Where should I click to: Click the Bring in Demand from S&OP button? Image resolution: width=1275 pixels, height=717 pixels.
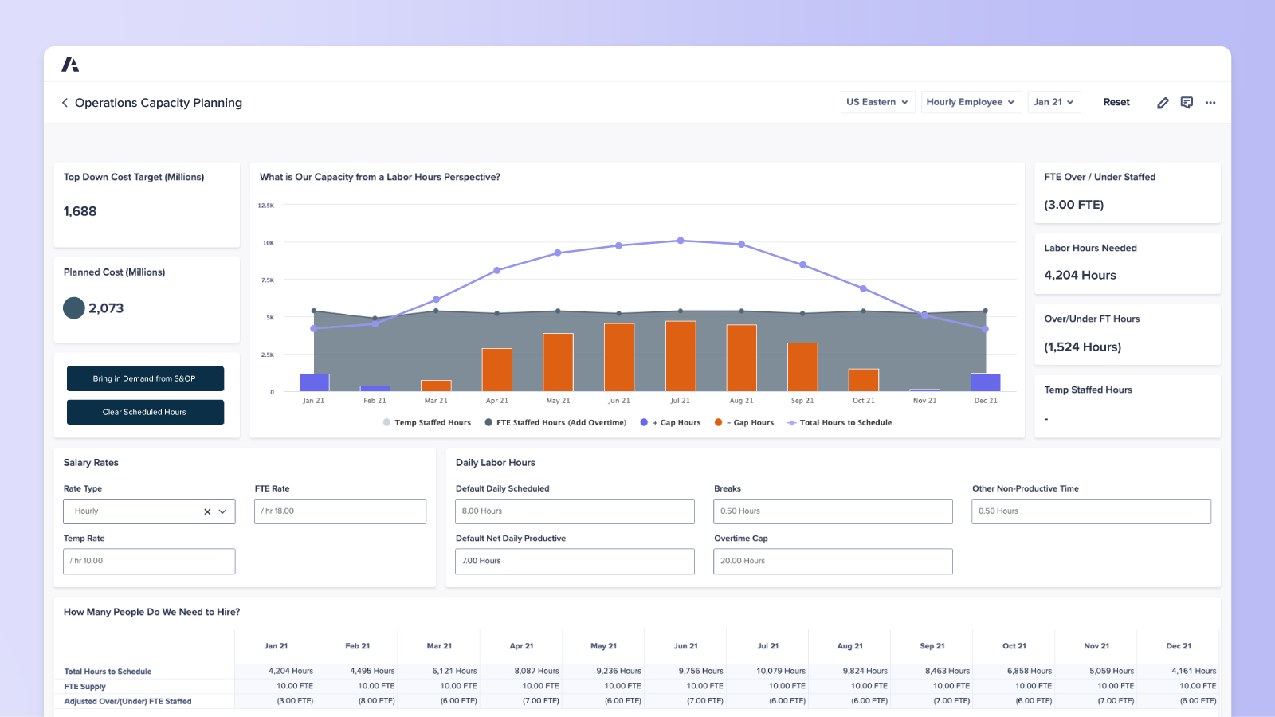145,378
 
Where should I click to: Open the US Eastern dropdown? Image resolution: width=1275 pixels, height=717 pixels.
877,102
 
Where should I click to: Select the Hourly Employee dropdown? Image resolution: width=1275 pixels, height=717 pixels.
971,102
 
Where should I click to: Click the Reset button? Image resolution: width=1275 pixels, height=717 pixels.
1116,102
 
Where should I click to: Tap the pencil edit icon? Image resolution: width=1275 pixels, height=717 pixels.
1163,103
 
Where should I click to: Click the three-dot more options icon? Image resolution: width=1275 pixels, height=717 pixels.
1210,103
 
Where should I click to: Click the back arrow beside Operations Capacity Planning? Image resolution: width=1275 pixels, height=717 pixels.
65,103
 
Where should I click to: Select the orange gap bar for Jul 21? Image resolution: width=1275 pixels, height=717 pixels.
681,356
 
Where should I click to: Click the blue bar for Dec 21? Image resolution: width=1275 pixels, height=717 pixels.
986,382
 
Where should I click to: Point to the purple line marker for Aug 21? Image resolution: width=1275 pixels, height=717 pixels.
741,245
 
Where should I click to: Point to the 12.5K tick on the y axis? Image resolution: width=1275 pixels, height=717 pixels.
266,206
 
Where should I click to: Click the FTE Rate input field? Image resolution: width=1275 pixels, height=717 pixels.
340,511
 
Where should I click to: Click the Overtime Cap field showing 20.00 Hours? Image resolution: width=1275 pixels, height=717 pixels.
833,561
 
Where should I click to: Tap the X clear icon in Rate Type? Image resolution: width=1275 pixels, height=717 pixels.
207,511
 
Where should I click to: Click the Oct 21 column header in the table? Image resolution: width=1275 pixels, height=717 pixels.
1014,646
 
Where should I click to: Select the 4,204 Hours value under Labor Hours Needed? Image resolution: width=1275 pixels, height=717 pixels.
1080,276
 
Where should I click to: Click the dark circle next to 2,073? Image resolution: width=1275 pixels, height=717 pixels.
74,308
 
